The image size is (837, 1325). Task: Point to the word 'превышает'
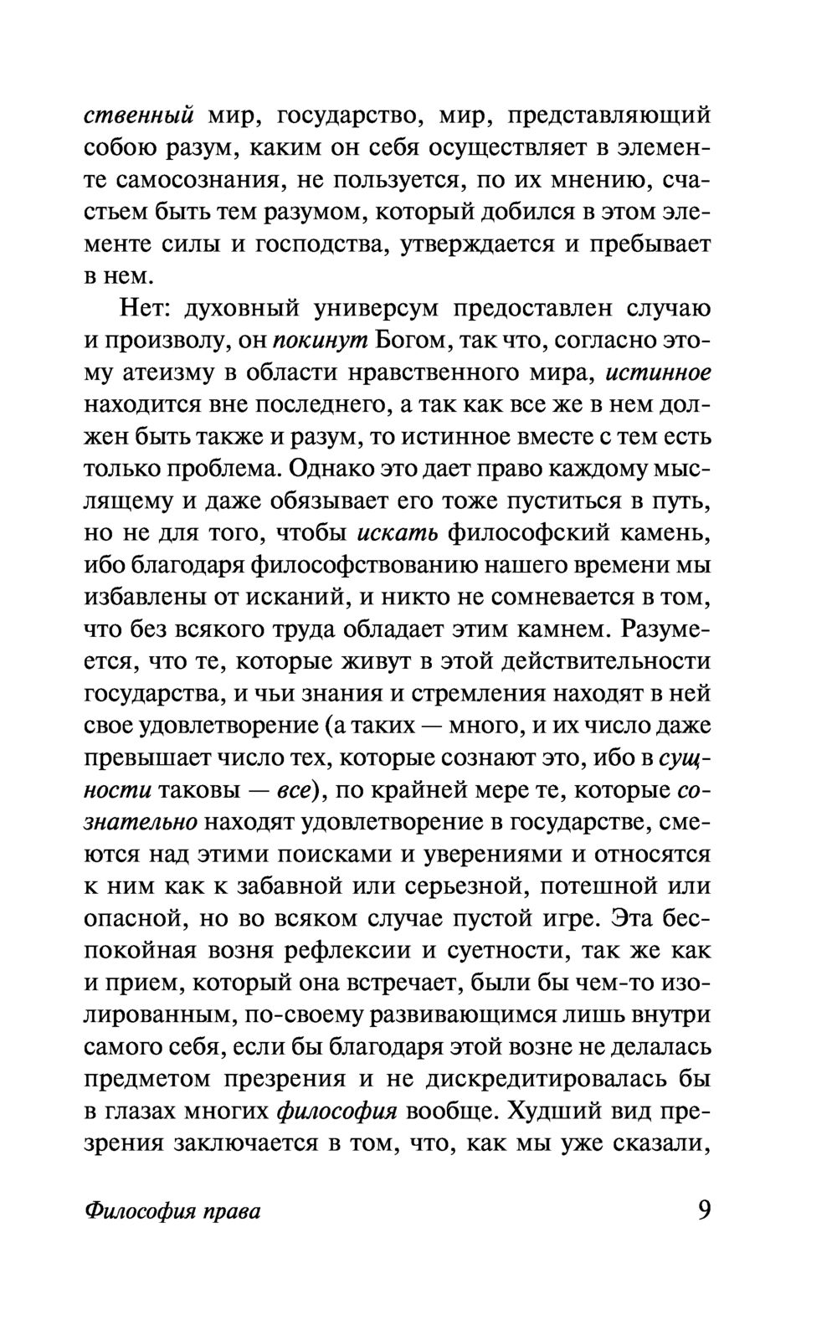146,758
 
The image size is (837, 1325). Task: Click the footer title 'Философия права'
172,1211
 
